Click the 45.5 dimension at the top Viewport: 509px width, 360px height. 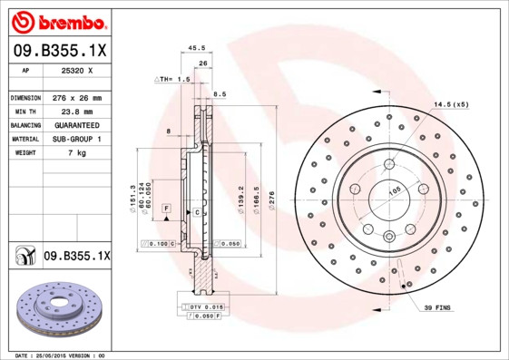point(194,49)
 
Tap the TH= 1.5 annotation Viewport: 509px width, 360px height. point(174,80)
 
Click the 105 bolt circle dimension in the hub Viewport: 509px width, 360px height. point(395,191)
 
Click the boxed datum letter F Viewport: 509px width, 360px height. point(167,209)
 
